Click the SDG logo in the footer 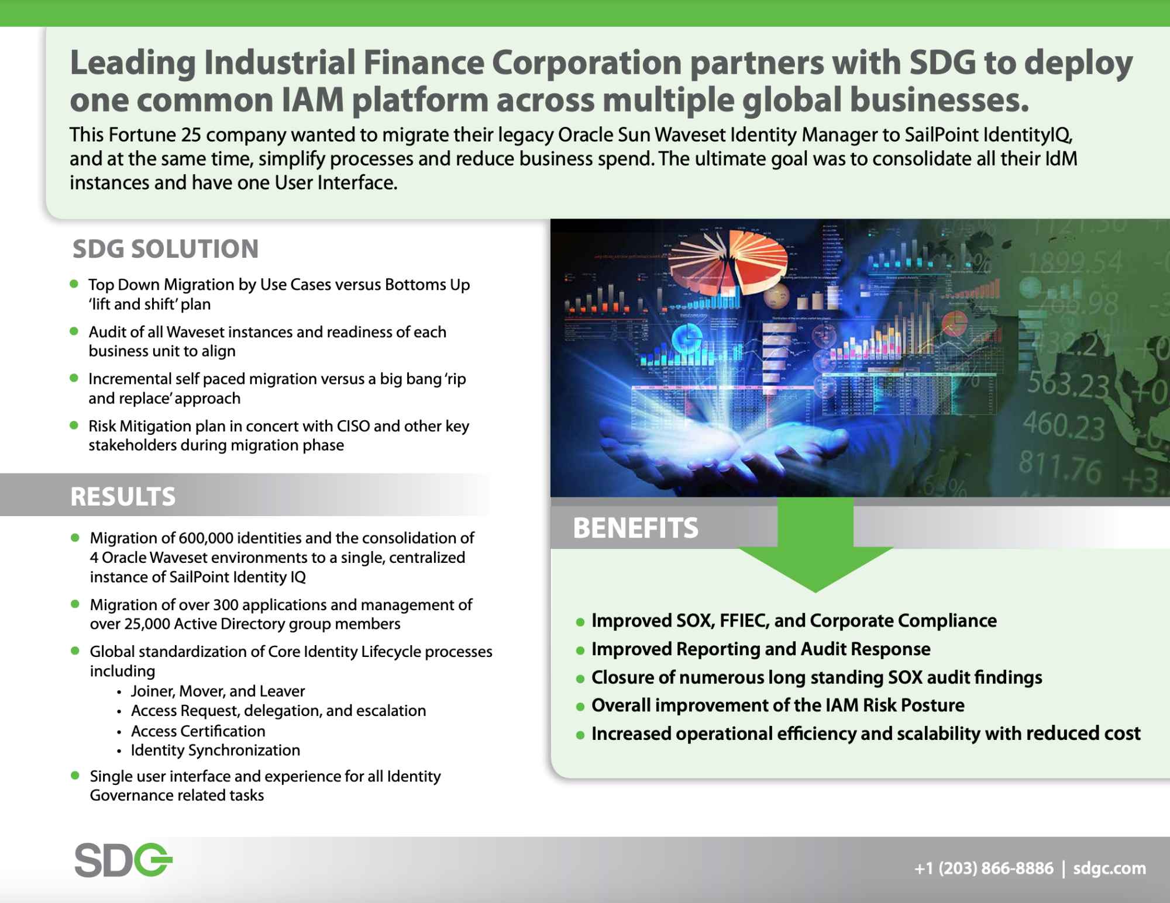pos(123,860)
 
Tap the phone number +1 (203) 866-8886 pos(984,868)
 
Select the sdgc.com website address pos(1110,869)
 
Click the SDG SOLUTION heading pos(166,249)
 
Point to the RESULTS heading pos(123,496)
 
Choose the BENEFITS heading pos(636,528)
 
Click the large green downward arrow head pos(815,569)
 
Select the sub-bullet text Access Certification pos(198,731)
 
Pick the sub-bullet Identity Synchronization pos(215,750)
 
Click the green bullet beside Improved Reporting pos(580,651)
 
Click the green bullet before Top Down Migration pos(74,284)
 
